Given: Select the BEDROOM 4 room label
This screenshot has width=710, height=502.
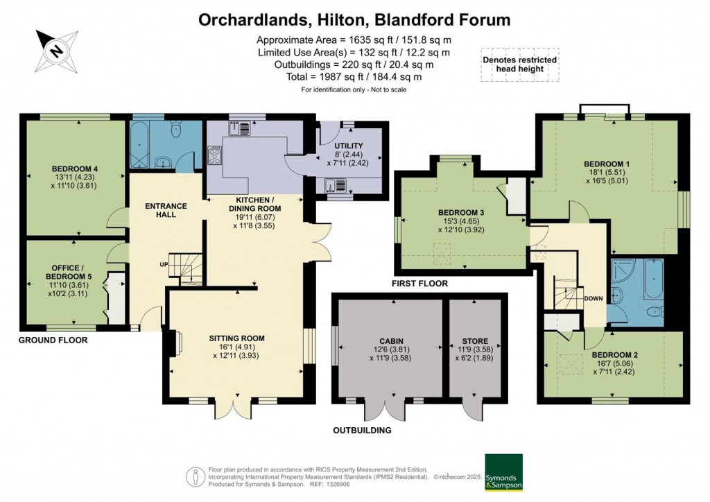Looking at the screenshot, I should pyautogui.click(x=74, y=168).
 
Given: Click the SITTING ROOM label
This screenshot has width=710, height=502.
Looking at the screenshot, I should pyautogui.click(x=237, y=338).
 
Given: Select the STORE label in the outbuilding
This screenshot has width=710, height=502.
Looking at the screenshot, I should pyautogui.click(x=475, y=342).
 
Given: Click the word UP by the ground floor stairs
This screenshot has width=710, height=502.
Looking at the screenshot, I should pyautogui.click(x=164, y=265).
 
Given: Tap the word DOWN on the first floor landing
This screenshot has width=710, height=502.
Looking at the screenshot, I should pyautogui.click(x=594, y=299).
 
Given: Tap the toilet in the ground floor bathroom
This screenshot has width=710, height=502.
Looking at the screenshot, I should pyautogui.click(x=176, y=129).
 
